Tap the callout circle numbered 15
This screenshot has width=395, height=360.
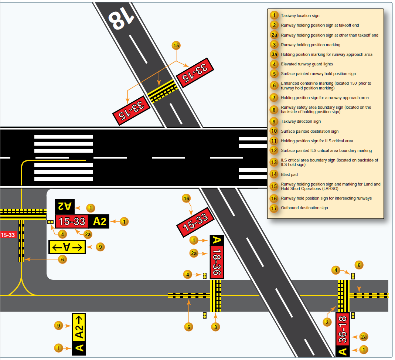click(x=176, y=45)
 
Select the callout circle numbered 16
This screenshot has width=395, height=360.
click(x=186, y=198)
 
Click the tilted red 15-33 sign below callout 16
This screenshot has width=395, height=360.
click(x=196, y=221)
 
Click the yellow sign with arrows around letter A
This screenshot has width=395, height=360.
click(x=67, y=247)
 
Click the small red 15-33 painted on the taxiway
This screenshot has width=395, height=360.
click(x=8, y=235)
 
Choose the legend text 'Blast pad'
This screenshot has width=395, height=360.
click(x=289, y=174)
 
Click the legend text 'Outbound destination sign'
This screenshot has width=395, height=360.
click(x=304, y=208)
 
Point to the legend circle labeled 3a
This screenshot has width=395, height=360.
click(x=274, y=54)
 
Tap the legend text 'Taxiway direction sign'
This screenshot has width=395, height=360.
click(x=300, y=121)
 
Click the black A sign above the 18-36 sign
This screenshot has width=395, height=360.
click(x=217, y=240)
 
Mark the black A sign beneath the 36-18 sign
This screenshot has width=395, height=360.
click(x=343, y=351)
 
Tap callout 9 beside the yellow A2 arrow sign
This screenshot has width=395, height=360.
click(x=58, y=326)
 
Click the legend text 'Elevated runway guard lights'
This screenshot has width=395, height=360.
click(x=307, y=64)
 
